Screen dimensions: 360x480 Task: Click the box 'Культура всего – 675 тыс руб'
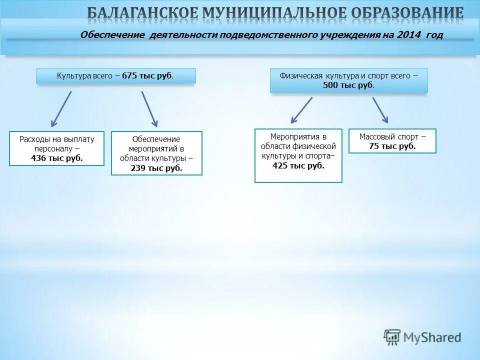coord(115,76)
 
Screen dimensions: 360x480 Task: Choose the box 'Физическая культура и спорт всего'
coord(348,80)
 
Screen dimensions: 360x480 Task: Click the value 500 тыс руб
coord(348,85)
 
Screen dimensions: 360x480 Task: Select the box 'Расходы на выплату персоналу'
coord(56,148)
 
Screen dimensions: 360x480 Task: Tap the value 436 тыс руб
coord(56,158)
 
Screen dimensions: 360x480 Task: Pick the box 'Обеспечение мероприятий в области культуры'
coord(156,153)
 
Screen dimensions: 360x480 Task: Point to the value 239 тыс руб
coord(156,168)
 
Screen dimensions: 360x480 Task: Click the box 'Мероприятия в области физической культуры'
coord(298,155)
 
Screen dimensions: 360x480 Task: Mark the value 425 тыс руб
coord(298,165)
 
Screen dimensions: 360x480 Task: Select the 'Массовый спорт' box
coord(392,141)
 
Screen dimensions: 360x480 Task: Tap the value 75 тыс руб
coord(392,146)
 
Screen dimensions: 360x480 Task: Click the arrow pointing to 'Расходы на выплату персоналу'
coord(61,109)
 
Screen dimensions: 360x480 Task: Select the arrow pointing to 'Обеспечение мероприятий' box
coord(149,109)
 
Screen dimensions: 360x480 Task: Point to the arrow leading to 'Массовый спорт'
coord(380,110)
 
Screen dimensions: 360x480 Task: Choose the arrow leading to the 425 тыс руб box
coord(301,110)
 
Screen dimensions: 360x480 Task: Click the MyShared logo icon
coord(392,337)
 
